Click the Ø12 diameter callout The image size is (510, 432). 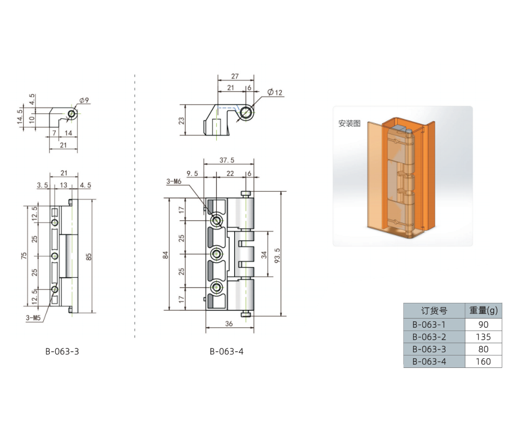pyautogui.click(x=275, y=92)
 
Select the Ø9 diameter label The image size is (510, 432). pyautogui.click(x=84, y=100)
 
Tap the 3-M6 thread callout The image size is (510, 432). pyautogui.click(x=173, y=181)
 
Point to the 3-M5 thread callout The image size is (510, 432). pyautogui.click(x=33, y=317)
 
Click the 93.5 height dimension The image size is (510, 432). pyautogui.click(x=277, y=255)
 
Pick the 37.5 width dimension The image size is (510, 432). pyautogui.click(x=227, y=160)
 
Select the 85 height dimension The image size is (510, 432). pyautogui.click(x=88, y=256)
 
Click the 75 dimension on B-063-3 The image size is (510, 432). pyautogui.click(x=24, y=256)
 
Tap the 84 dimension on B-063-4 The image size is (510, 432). pyautogui.click(x=165, y=255)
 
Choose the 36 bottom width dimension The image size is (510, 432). pyautogui.click(x=229, y=323)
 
